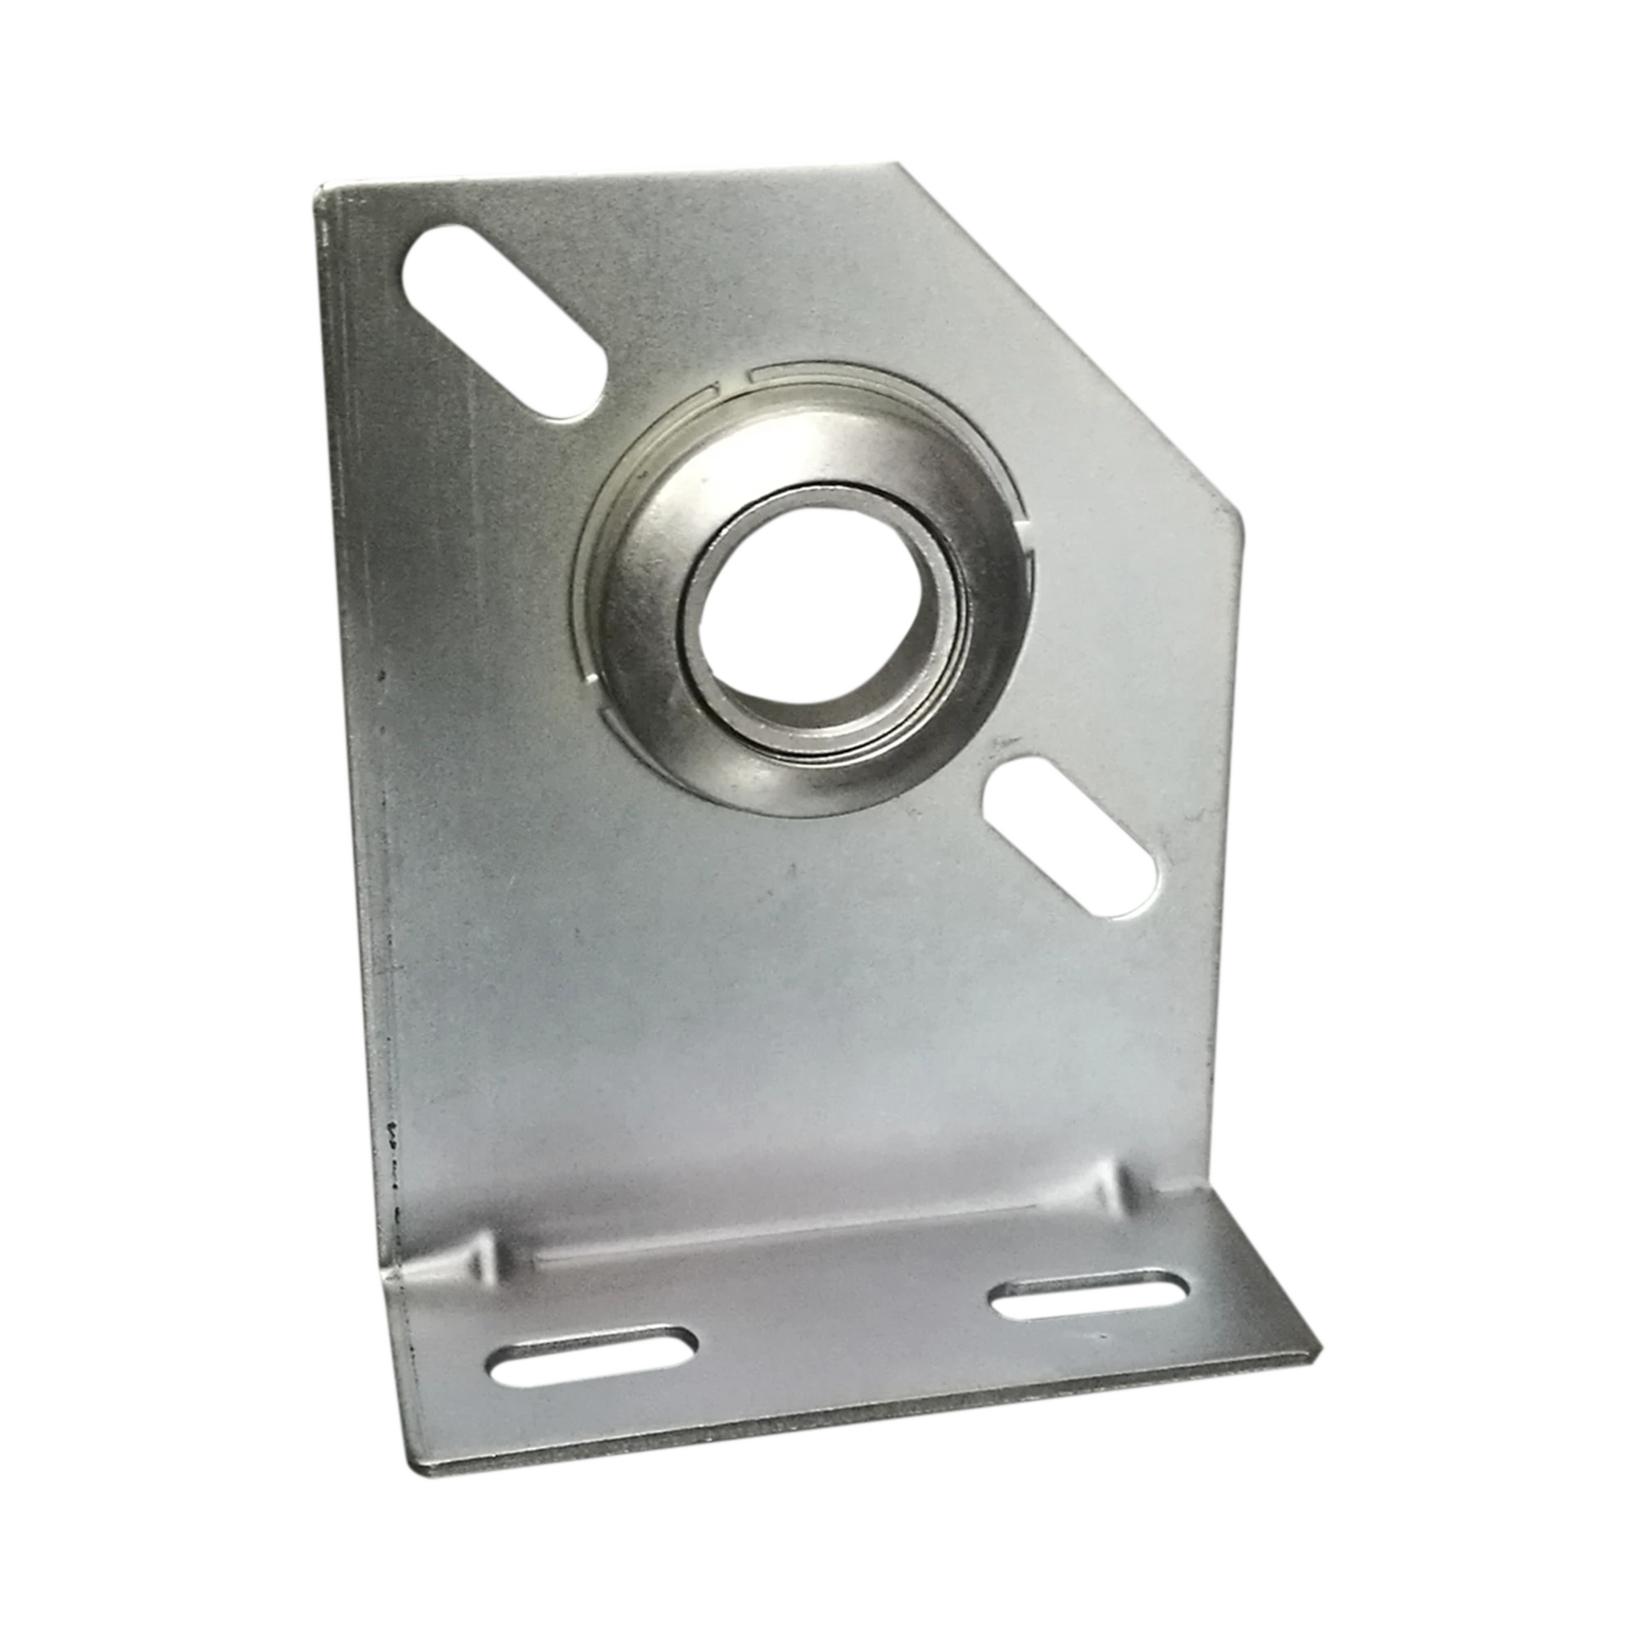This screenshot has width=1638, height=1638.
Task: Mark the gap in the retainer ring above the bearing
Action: pyautogui.click(x=736, y=379)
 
